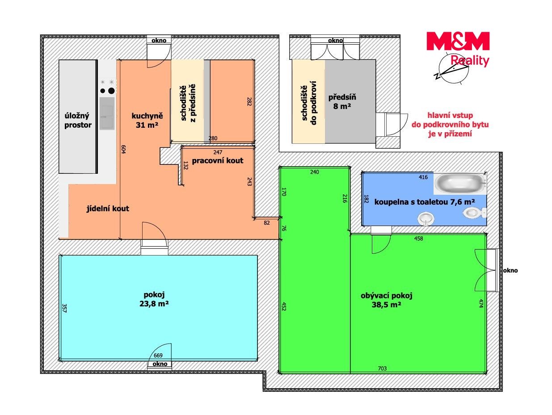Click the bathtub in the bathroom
(x=460, y=183)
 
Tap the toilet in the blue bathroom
(x=474, y=213)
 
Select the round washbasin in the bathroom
(x=426, y=219)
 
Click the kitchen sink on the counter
(x=107, y=113)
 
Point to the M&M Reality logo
(x=458, y=49)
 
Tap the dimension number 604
(x=123, y=149)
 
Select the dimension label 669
(x=158, y=355)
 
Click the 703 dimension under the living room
(x=382, y=368)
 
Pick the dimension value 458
(x=418, y=238)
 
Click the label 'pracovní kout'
(x=218, y=161)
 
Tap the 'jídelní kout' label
(x=108, y=208)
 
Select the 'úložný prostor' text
(x=78, y=121)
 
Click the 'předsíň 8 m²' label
(x=342, y=101)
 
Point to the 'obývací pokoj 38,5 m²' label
(x=387, y=300)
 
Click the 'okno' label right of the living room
(x=510, y=270)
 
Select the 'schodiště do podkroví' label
(x=309, y=103)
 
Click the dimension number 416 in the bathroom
(x=423, y=177)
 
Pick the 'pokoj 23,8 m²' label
(x=154, y=299)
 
